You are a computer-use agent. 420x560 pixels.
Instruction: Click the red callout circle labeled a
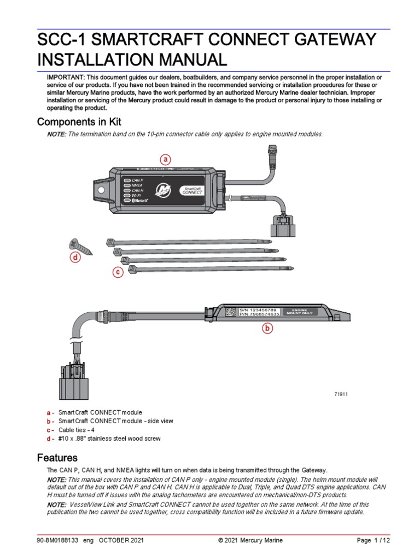165,160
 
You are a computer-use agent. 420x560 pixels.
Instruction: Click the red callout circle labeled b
267,328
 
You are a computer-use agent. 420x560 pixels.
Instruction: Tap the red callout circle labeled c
117,272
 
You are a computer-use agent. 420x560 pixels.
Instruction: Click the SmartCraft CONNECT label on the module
192,190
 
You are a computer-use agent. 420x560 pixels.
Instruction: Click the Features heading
57,457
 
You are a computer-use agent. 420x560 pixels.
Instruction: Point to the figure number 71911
341,394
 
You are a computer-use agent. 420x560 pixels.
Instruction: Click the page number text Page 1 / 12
374,540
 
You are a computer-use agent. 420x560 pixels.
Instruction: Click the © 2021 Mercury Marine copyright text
250,540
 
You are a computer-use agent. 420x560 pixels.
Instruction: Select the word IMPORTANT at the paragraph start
65,78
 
